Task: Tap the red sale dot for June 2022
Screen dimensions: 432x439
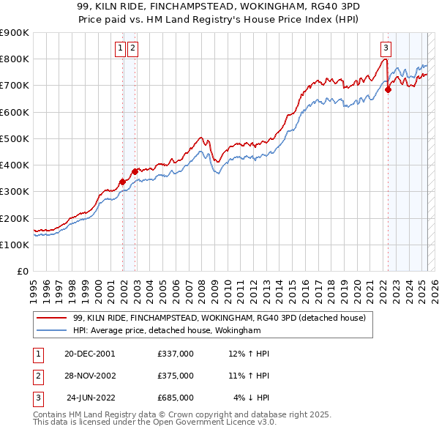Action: [389, 90]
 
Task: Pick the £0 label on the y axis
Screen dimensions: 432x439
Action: [24, 271]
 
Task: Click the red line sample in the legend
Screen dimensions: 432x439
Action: [51, 318]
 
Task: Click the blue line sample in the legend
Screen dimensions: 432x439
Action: [51, 331]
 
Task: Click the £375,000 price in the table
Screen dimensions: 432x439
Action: [175, 376]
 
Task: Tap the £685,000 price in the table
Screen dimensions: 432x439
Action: [175, 398]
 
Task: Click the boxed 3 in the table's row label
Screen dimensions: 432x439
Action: [37, 398]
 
